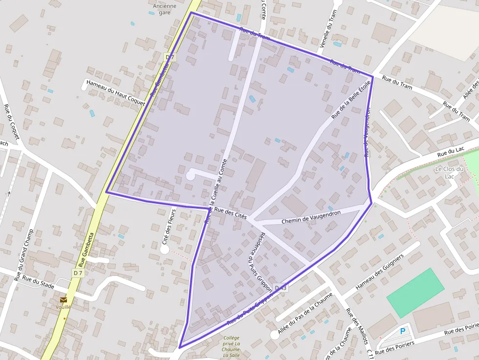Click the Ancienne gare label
[165, 9]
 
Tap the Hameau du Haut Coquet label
[116, 92]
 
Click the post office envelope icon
[64, 299]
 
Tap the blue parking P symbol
[403, 331]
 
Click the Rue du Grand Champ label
[23, 254]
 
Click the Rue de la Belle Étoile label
[351, 100]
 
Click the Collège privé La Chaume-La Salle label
[231, 346]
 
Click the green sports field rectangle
[415, 293]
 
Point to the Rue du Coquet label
[11, 122]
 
